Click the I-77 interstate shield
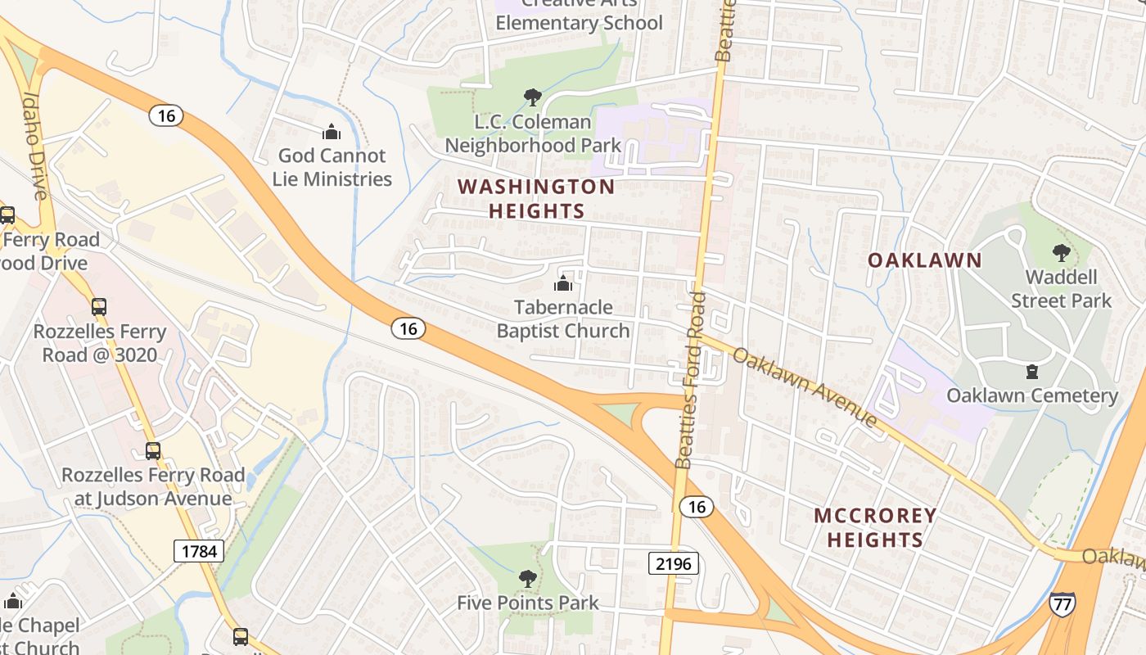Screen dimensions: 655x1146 tap(1062, 603)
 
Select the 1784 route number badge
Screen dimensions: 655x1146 tap(198, 550)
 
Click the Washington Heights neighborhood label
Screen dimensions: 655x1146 tap(536, 199)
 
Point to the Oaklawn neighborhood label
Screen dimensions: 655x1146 tap(924, 260)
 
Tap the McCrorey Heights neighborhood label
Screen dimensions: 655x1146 tap(875, 527)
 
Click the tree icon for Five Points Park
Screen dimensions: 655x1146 tap(528, 579)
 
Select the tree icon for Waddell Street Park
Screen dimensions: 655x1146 tap(1061, 252)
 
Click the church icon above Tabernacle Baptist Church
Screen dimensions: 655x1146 tap(563, 283)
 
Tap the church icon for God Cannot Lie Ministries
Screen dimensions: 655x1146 tap(332, 131)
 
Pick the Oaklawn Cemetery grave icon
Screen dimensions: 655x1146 tap(1032, 372)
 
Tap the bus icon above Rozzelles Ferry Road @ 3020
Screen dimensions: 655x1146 tap(99, 307)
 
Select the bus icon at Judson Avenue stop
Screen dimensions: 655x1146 tap(153, 450)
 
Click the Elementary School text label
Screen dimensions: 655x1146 tap(579, 23)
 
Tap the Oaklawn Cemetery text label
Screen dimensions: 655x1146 tap(1031, 396)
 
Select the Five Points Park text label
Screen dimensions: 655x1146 tap(528, 603)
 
